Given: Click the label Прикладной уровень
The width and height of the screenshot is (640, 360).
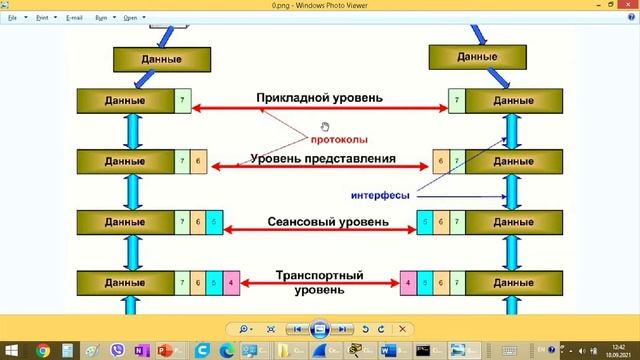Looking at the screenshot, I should coord(319,98).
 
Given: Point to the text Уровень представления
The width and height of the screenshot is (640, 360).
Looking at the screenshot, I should coord(323,158).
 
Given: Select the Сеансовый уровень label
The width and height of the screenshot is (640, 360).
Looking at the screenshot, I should coord(319,220).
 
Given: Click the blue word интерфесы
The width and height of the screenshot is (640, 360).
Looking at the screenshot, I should coord(382,195).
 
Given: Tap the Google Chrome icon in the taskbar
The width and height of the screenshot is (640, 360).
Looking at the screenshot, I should coord(43,350).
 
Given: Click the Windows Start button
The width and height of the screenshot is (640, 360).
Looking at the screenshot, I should coord(11,350).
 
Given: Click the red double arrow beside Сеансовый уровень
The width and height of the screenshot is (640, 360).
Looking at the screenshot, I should coord(319,231).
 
